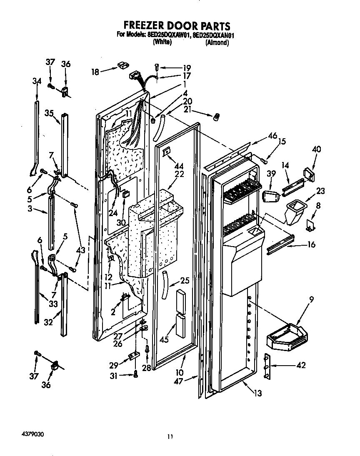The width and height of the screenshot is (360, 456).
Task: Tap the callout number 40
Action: click(x=317, y=150)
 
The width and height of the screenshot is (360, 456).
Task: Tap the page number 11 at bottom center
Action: click(x=169, y=436)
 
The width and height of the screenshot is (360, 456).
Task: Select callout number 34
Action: click(x=37, y=82)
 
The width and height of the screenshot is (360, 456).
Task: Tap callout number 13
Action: click(x=258, y=393)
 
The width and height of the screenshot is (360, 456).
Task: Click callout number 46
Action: click(x=272, y=135)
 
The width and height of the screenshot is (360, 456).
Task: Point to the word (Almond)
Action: click(x=217, y=42)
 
